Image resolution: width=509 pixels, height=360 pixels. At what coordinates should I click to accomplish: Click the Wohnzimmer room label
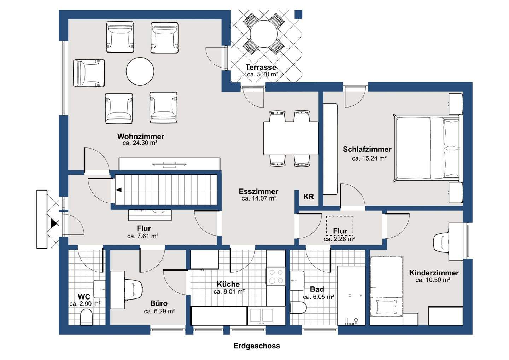point(140,137)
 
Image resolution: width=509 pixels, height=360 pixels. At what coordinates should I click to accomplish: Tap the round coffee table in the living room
point(140,71)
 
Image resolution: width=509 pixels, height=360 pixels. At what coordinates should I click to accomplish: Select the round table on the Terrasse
point(264,34)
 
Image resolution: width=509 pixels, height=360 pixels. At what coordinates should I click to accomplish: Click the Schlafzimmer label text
point(367,149)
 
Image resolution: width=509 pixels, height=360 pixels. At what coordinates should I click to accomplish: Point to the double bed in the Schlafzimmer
point(428,149)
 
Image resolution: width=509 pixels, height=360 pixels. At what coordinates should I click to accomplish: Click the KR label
point(309,197)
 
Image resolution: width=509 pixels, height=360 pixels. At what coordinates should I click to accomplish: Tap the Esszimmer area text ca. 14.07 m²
point(259,198)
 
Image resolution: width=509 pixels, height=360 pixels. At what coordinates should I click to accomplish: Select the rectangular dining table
point(291,138)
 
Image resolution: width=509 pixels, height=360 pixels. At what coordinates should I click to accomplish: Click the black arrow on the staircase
point(119,190)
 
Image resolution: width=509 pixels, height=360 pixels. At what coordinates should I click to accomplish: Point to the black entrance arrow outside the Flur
point(54,224)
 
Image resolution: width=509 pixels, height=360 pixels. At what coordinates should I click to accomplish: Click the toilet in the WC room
point(86,317)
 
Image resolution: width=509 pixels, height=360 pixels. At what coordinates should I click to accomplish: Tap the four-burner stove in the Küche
point(276,277)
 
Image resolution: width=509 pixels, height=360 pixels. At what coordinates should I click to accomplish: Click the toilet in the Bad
point(298,308)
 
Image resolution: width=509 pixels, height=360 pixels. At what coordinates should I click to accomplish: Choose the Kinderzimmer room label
point(434,273)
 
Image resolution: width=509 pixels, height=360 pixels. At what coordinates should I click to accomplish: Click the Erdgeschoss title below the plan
point(257,346)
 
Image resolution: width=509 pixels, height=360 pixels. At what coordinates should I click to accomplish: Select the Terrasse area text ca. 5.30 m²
point(263,74)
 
